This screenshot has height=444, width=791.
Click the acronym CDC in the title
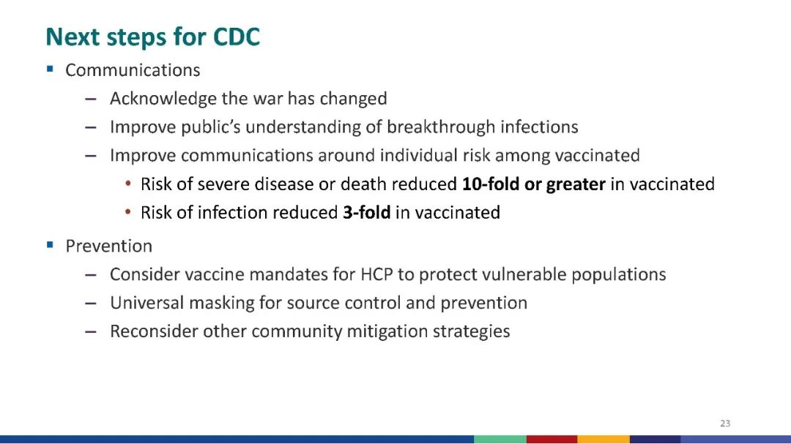click(236, 37)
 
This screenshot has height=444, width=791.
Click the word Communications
click(133, 70)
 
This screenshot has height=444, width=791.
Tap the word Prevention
click(109, 246)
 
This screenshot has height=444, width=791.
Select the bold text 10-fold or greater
click(534, 184)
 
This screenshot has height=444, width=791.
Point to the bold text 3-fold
click(367, 213)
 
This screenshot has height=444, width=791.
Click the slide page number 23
click(725, 424)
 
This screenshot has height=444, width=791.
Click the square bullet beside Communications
click(50, 69)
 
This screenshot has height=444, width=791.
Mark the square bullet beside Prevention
click(50, 245)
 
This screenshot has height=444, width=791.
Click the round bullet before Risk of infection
click(128, 212)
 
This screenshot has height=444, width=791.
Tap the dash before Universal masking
click(91, 304)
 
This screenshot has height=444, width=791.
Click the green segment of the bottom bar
click(500, 440)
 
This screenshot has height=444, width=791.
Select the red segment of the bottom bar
click(552, 440)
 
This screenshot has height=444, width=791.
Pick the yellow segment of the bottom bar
click(604, 440)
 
